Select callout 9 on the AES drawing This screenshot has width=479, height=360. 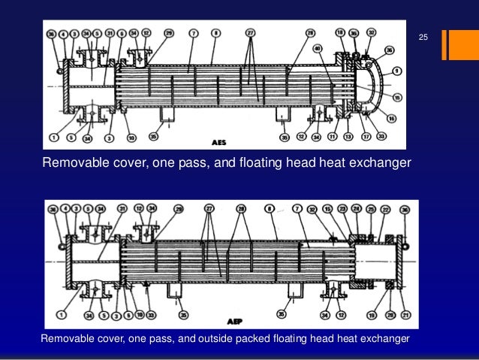(x=395, y=71)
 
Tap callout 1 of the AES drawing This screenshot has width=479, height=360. (x=53, y=138)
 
